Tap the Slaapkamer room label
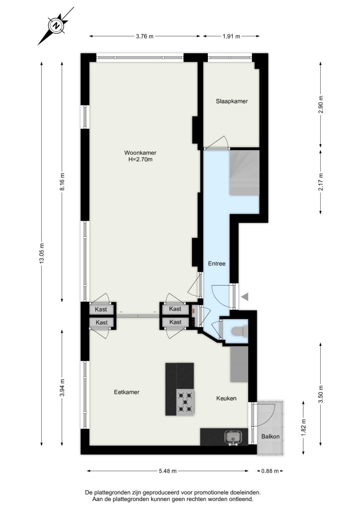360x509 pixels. point(232,101)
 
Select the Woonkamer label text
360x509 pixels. point(140,153)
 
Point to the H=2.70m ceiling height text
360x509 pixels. point(140,160)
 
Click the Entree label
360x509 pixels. point(216,263)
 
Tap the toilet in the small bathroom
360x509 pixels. point(239,331)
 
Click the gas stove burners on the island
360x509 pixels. point(185,402)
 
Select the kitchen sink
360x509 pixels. point(233,437)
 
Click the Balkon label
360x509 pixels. point(270,436)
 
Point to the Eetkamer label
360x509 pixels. point(127,392)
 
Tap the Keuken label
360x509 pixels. point(226,398)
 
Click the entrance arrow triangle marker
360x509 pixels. point(245,296)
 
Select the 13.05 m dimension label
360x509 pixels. point(42,254)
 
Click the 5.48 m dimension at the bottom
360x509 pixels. point(168,471)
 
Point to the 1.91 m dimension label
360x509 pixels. point(231,36)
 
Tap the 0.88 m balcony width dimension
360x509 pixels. point(270,471)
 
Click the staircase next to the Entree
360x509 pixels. point(245,172)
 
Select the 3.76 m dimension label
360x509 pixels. point(145,36)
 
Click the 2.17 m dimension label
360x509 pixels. point(321,182)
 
